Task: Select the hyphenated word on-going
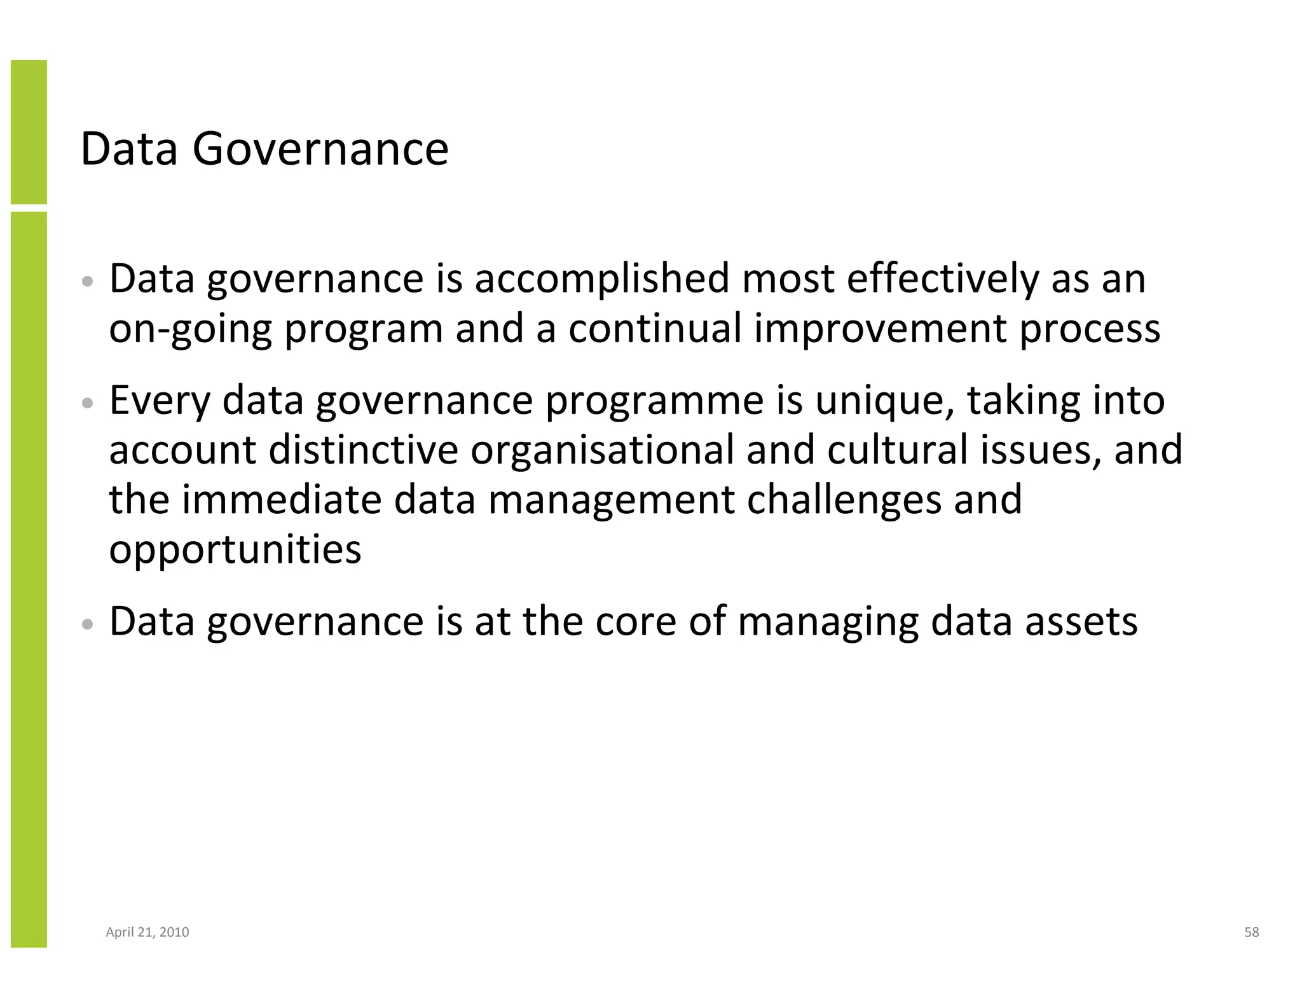click(x=190, y=329)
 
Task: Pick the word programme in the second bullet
click(x=654, y=402)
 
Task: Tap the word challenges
click(x=844, y=500)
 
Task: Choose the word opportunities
click(x=235, y=550)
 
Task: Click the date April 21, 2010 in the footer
click(x=147, y=932)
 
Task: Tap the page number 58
click(x=1251, y=932)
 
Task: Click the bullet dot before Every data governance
click(x=88, y=403)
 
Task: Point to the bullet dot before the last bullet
click(x=88, y=624)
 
